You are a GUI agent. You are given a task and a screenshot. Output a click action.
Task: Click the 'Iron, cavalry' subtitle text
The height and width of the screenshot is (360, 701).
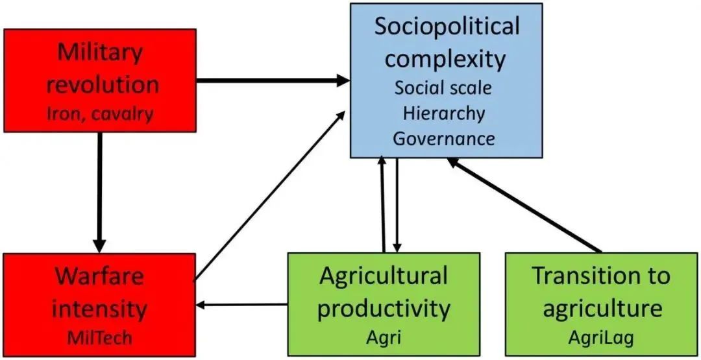(x=100, y=114)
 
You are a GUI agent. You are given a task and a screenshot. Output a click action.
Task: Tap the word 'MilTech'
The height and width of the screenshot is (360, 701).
(x=99, y=338)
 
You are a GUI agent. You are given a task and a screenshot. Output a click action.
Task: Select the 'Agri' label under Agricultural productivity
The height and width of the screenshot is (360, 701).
(x=383, y=338)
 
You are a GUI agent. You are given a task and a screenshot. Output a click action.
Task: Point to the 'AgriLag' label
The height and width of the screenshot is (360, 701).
(x=600, y=338)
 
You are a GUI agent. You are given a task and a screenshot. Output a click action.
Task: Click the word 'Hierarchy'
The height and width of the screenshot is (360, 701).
(x=444, y=113)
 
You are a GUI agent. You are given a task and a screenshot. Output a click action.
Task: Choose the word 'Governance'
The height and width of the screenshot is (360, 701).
(x=444, y=138)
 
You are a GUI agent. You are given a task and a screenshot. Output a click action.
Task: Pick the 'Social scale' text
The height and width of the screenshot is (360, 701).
(x=444, y=88)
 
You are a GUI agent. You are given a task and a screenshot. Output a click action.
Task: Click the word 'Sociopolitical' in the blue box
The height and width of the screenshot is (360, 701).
(x=447, y=27)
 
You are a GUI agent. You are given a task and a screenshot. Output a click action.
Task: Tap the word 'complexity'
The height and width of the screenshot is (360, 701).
(x=445, y=59)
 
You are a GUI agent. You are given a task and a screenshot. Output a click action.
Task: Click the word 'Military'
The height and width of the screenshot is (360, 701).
(x=100, y=53)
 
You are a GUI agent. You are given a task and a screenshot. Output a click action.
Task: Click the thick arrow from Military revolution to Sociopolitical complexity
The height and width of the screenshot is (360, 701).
(x=273, y=80)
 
